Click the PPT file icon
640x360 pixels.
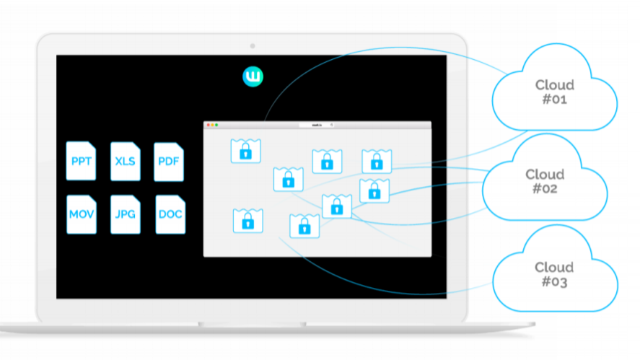click(81, 161)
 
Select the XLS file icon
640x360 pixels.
click(126, 161)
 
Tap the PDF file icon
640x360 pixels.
click(170, 161)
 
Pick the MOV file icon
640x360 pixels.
click(81, 214)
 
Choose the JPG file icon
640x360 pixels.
click(126, 214)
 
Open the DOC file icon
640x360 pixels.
click(170, 214)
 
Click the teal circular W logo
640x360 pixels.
click(253, 76)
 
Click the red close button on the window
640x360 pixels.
click(209, 125)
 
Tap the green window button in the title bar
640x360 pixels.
click(216, 125)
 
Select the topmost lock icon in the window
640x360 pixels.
click(245, 151)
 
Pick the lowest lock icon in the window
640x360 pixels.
click(304, 226)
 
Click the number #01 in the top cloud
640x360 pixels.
click(555, 100)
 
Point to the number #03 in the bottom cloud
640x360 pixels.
click(555, 282)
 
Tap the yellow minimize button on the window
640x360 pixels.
click(212, 125)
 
